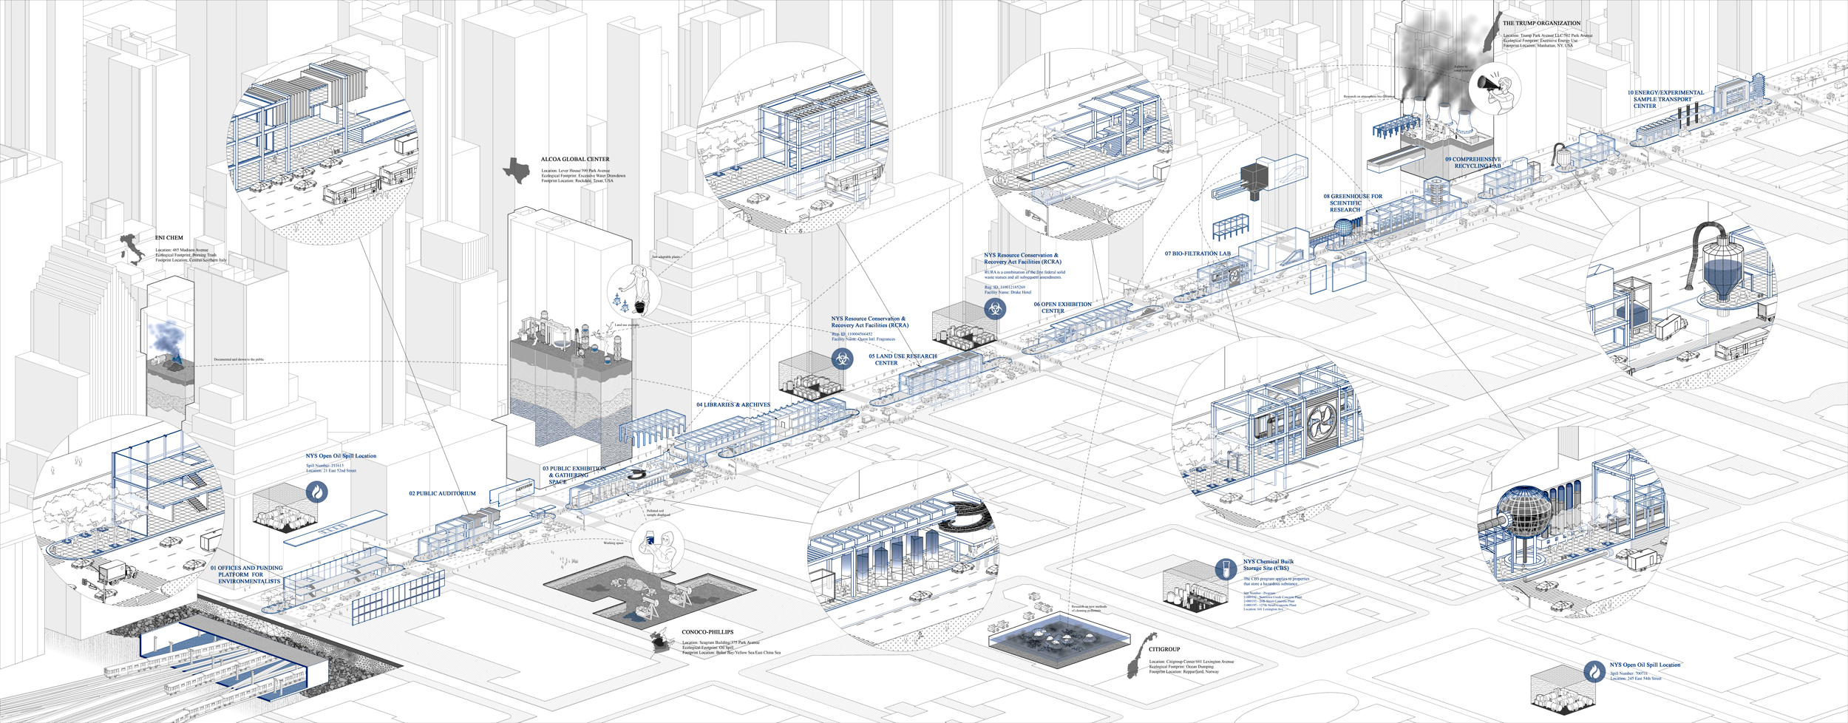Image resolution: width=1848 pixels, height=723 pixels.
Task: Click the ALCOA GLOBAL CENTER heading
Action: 574,160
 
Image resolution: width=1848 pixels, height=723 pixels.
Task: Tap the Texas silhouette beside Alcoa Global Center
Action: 517,171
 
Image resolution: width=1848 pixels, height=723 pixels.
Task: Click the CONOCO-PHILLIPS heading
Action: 707,632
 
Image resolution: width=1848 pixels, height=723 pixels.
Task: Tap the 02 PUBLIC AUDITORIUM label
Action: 442,494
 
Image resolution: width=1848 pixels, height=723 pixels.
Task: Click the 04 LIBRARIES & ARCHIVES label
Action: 733,405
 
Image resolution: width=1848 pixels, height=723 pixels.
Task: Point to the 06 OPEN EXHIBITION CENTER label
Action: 1062,308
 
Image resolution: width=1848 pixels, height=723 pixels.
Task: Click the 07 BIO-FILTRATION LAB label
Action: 1198,254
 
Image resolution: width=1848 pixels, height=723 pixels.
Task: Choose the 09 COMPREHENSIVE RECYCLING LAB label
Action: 1473,163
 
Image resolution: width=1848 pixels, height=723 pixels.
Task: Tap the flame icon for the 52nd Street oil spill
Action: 317,492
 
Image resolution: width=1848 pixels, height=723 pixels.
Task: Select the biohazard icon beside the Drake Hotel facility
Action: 995,309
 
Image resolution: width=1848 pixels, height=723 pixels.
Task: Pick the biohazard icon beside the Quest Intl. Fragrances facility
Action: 842,359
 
